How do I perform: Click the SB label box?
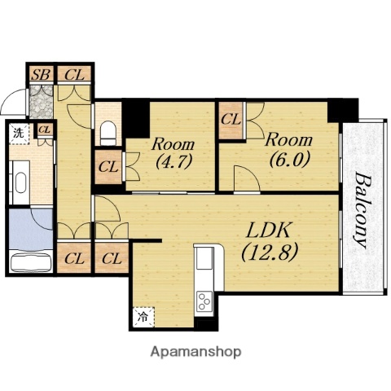[41, 74]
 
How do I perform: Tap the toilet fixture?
[108, 133]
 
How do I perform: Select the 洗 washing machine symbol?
[19, 134]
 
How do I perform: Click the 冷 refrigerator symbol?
[143, 317]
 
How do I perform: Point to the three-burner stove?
[204, 301]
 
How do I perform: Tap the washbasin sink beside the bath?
[20, 182]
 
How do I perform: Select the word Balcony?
[362, 210]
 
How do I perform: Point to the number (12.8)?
[270, 253]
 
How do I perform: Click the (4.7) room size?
[174, 161]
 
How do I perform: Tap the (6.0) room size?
[289, 160]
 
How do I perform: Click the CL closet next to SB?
[74, 74]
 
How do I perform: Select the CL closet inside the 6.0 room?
[231, 121]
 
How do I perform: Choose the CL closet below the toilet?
[108, 167]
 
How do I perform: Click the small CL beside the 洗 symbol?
[45, 130]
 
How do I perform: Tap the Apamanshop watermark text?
[195, 352]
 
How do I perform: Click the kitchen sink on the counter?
[204, 258]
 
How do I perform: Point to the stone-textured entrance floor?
[41, 102]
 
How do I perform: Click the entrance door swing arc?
[11, 99]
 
